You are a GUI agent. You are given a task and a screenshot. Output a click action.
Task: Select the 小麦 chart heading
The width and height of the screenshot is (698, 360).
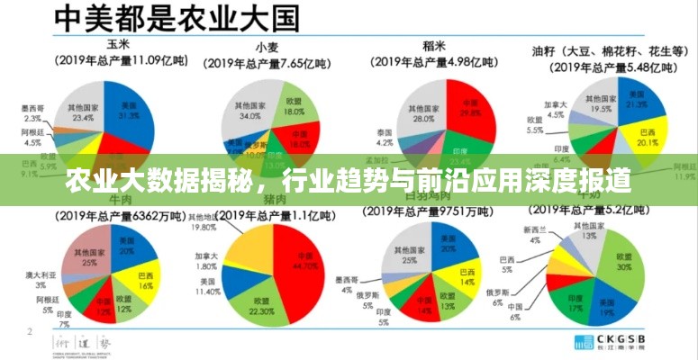266,47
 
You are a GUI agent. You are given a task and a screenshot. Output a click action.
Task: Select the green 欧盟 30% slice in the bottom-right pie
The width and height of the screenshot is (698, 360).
623,261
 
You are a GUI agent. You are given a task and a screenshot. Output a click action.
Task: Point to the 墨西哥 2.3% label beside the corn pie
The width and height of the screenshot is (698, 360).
32,113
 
